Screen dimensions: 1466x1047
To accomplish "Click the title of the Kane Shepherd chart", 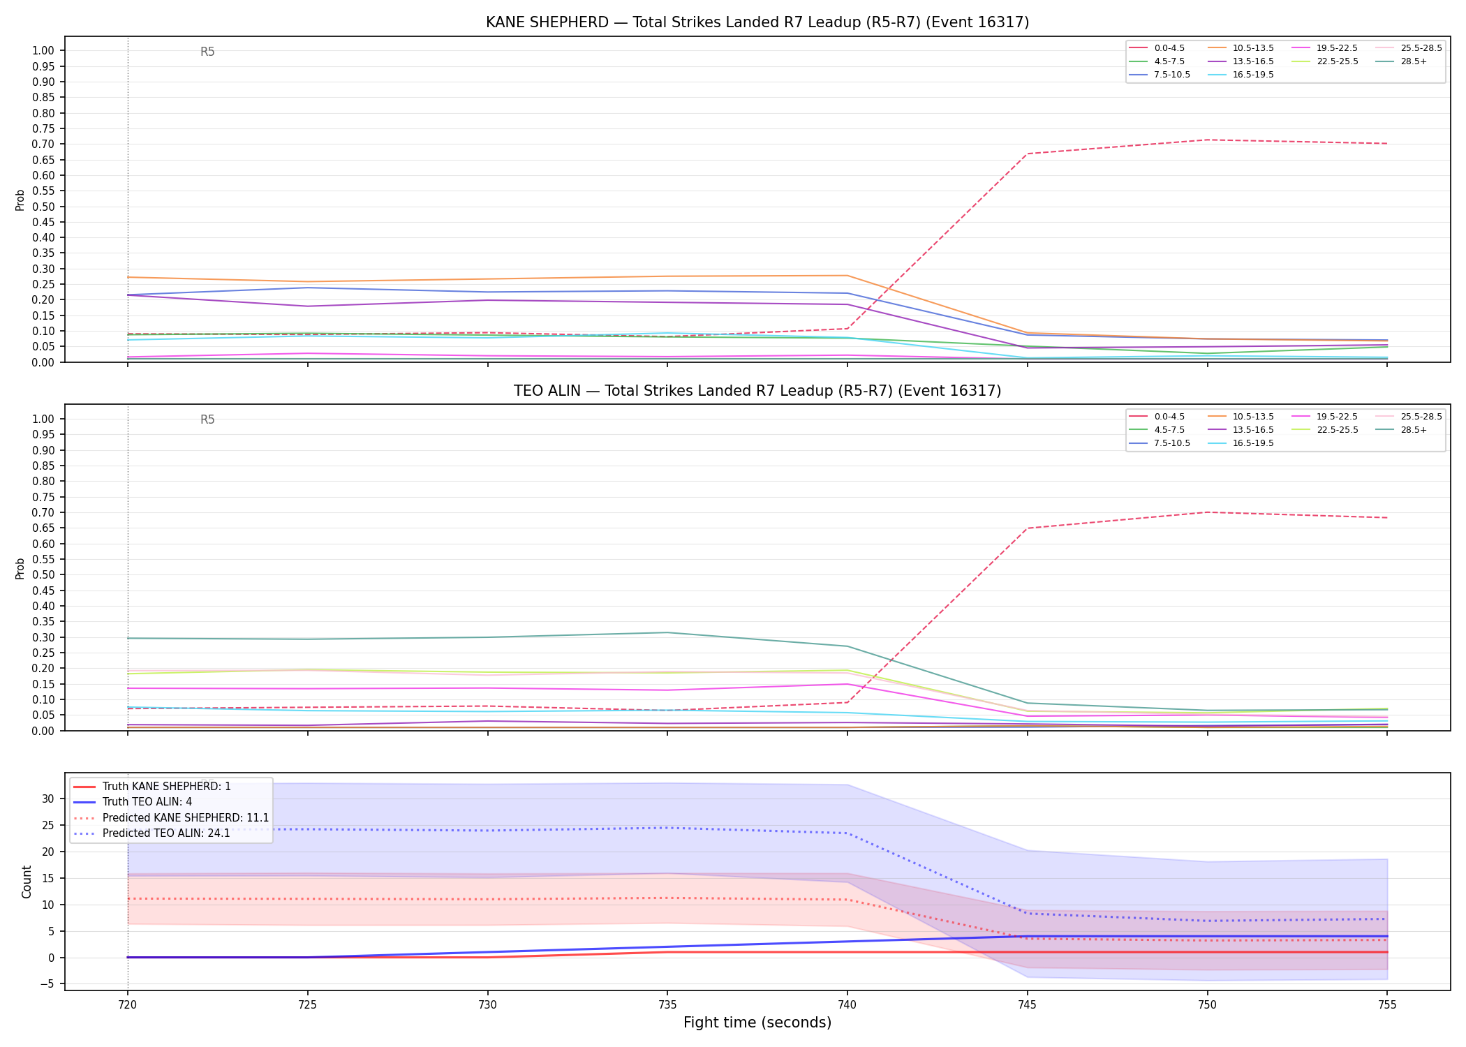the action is point(757,22).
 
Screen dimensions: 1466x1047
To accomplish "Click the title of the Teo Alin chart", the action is point(757,391).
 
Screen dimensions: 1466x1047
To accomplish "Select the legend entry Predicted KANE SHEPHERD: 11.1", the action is point(171,817).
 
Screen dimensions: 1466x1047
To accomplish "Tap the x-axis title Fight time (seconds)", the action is point(757,1023).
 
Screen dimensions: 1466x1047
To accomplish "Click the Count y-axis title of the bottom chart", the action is point(27,882).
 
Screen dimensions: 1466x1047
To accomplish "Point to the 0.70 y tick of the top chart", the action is point(43,144).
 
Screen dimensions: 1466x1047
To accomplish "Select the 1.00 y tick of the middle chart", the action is point(43,419).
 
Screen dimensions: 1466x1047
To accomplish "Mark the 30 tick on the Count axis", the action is point(48,799).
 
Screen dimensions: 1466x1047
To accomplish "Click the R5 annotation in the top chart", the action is point(207,52).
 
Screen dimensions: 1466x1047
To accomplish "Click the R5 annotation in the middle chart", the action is point(207,419).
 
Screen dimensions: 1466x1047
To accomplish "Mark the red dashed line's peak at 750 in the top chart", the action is point(1207,140).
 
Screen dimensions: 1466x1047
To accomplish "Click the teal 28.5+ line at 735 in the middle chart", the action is point(667,632).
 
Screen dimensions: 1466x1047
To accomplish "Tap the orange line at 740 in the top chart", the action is point(847,275).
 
